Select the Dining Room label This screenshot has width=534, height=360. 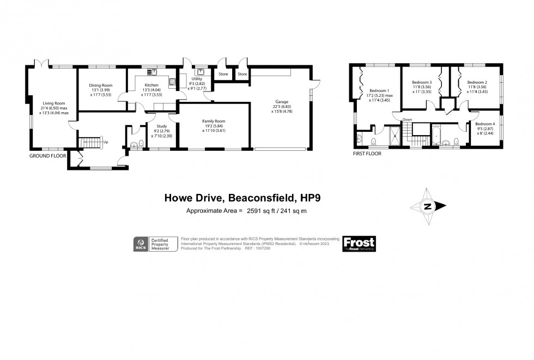click(x=100, y=86)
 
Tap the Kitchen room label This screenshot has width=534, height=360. click(x=151, y=86)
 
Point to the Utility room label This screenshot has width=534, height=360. click(x=197, y=79)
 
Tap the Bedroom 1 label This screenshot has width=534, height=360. click(x=379, y=91)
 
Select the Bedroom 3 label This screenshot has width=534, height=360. click(x=422, y=83)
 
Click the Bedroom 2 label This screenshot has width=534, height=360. click(x=477, y=83)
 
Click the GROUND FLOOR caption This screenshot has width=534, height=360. click(x=47, y=155)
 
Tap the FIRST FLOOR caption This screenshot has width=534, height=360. click(x=367, y=154)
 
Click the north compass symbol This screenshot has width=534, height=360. click(x=428, y=206)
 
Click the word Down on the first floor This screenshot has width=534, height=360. click(x=407, y=119)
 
